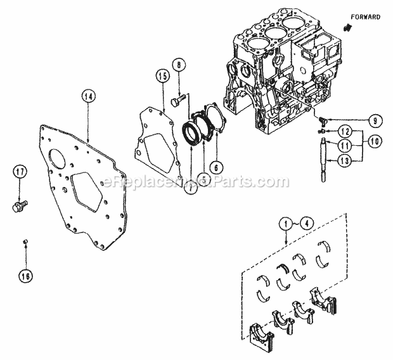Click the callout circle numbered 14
pos(88,96)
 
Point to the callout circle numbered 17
pos(20,171)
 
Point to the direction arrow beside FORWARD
pos(347,28)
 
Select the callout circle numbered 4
pos(305,223)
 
